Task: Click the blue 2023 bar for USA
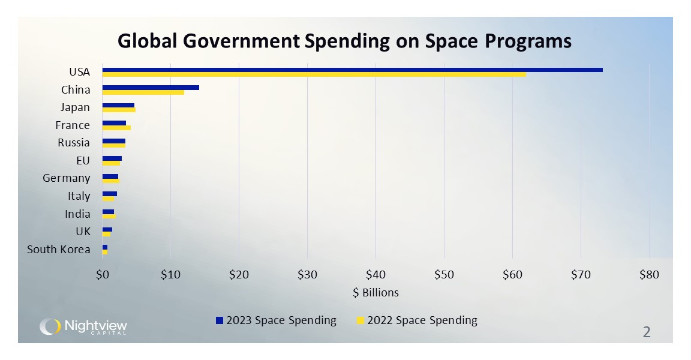click(352, 70)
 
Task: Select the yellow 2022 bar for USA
click(314, 74)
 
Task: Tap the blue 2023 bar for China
click(151, 88)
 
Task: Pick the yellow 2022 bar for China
click(143, 92)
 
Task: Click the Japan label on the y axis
click(75, 107)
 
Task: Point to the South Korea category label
click(59, 250)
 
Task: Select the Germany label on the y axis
click(67, 178)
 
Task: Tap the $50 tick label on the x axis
click(444, 275)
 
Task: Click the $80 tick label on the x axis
click(649, 275)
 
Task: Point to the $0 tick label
click(102, 275)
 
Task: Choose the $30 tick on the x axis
click(307, 275)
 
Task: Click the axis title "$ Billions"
click(375, 293)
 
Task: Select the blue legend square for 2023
click(220, 320)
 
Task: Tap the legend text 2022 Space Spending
click(422, 320)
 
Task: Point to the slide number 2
click(647, 332)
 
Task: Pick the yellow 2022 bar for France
click(116, 128)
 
